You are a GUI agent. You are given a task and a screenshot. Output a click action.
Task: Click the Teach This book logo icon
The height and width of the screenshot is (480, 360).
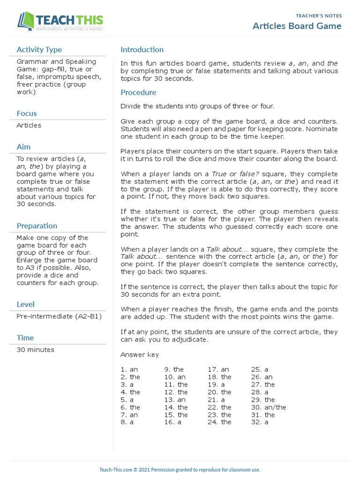point(26,22)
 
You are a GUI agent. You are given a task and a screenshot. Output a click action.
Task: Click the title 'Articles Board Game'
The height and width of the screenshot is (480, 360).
point(297,26)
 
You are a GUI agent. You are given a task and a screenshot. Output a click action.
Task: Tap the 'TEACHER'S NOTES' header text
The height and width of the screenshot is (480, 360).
point(320,16)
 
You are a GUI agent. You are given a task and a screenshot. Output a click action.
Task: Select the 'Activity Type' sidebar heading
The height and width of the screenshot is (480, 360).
point(39,50)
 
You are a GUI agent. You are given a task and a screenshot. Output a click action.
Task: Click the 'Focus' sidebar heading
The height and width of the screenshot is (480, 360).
point(27,113)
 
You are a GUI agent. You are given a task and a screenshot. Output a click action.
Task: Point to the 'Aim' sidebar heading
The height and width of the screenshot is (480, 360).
point(23,147)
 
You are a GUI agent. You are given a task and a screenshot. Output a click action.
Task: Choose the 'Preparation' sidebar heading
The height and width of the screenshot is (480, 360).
point(37,226)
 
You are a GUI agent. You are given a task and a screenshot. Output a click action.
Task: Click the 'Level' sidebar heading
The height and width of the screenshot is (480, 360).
point(26,304)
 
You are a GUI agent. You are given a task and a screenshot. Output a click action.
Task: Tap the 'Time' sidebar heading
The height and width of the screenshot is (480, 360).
point(25,337)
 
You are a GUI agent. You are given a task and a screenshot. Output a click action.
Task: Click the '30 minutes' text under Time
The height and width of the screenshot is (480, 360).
point(35,350)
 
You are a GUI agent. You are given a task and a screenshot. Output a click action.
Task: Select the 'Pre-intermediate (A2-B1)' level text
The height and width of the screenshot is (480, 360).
point(59,316)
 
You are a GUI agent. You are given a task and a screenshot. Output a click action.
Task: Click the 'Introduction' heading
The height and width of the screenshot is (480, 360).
point(142,50)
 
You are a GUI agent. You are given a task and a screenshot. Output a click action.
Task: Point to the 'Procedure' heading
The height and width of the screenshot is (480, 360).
point(138,92)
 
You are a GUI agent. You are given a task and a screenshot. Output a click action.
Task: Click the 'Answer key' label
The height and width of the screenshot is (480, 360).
point(140,354)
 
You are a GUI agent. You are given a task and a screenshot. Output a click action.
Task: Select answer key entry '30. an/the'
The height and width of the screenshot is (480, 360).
point(269,407)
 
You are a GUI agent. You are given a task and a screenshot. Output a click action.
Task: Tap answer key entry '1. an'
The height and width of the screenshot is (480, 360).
point(129,369)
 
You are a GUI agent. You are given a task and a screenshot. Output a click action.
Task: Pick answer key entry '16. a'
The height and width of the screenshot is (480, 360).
point(173,422)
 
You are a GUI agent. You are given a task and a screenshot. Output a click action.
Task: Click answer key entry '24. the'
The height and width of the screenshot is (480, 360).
point(219,422)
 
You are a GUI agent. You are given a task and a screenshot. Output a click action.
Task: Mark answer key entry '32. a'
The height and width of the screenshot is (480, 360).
point(260,422)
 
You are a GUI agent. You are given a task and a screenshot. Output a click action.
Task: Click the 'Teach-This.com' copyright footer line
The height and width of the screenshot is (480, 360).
point(180,470)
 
